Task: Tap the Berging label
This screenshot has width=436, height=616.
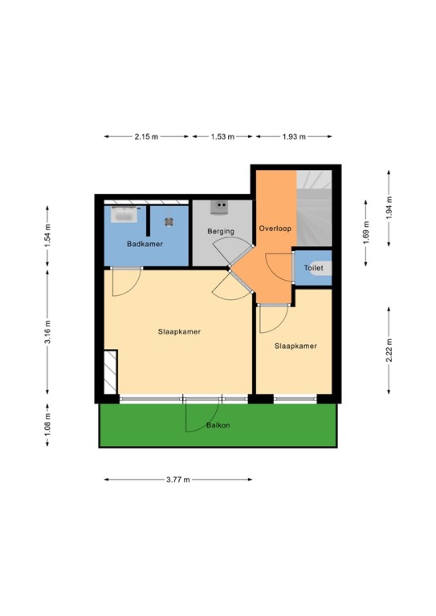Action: [x=221, y=231]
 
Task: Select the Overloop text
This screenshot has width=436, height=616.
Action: [x=275, y=228]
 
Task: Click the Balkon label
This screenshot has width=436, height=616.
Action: [x=218, y=425]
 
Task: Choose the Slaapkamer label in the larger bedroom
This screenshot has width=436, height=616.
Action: [x=179, y=330]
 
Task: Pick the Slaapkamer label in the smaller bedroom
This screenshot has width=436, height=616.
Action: [x=295, y=346]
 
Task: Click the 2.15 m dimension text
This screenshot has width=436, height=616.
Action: [x=146, y=137]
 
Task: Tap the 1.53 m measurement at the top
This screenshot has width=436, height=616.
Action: [x=222, y=137]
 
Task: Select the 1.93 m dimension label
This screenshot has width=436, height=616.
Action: [x=294, y=137]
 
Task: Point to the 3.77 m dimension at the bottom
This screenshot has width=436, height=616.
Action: [x=177, y=480]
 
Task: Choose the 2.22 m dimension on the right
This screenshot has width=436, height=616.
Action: [x=389, y=351]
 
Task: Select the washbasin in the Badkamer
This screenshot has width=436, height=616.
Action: [x=124, y=215]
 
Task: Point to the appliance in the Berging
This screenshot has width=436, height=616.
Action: [x=218, y=207]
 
